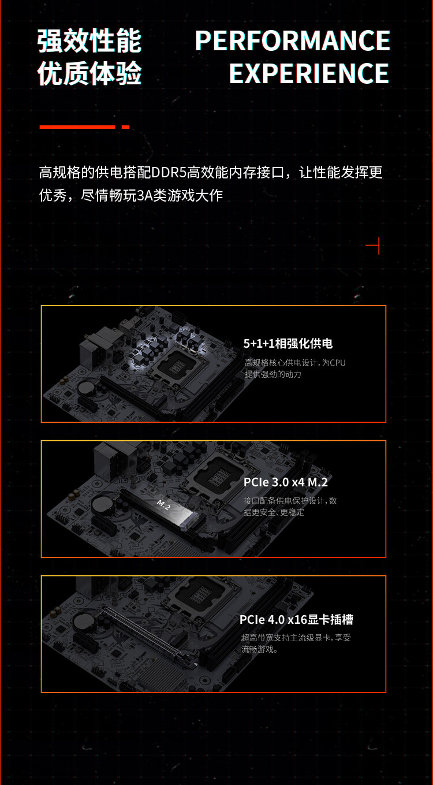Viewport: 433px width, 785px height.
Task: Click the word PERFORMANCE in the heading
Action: [292, 41]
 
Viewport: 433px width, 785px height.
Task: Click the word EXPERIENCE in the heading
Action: [309, 73]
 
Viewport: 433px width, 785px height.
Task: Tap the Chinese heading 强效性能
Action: [89, 41]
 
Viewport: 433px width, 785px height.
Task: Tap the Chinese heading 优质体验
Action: [89, 73]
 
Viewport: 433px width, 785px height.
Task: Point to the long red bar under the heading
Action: [77, 127]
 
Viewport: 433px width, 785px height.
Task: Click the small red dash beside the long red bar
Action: [125, 127]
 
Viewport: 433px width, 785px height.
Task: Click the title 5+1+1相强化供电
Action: [288, 344]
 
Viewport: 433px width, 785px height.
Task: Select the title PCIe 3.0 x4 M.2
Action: [286, 482]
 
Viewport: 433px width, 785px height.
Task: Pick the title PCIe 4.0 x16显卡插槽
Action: [296, 620]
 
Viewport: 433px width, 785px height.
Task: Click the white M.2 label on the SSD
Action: [163, 505]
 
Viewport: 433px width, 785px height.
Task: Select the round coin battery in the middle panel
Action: [103, 503]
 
